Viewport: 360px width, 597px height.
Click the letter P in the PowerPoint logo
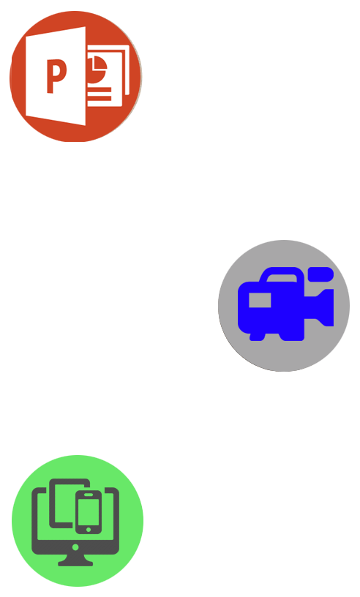(56, 76)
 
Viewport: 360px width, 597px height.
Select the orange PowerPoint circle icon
(76, 76)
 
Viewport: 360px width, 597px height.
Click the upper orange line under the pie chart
(100, 90)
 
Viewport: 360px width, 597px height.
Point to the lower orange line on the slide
(100, 99)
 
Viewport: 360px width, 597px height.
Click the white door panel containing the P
(56, 76)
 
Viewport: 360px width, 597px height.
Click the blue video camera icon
(285, 304)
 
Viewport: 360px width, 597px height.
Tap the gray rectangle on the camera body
(260, 300)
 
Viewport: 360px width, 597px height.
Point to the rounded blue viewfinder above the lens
(320, 274)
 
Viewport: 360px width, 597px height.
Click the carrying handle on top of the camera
(282, 274)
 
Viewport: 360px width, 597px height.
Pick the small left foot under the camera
(257, 337)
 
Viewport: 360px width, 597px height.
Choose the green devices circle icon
(78, 521)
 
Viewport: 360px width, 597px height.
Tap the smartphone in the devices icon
(89, 512)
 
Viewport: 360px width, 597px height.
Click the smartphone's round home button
(89, 530)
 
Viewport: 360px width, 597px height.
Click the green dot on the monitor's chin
(75, 547)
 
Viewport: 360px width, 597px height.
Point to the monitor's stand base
(75, 562)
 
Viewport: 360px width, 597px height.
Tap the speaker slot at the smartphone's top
(89, 495)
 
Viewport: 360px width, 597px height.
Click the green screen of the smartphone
(89, 511)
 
